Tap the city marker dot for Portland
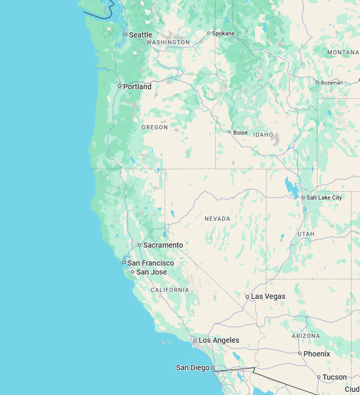[119, 86]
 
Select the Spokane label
[223, 33]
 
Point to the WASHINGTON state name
[168, 42]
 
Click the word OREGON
[155, 127]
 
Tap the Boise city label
[240, 133]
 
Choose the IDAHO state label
[263, 135]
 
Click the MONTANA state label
[343, 52]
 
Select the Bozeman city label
[332, 82]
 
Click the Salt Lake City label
[324, 197]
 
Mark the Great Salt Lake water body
[290, 186]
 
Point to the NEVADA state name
[217, 218]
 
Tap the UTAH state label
[306, 233]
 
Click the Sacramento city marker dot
[140, 245]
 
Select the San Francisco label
[151, 263]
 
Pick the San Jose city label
[152, 272]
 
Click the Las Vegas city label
[268, 296]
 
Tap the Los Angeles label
[219, 341]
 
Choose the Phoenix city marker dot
[300, 353]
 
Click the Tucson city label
[335, 377]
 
